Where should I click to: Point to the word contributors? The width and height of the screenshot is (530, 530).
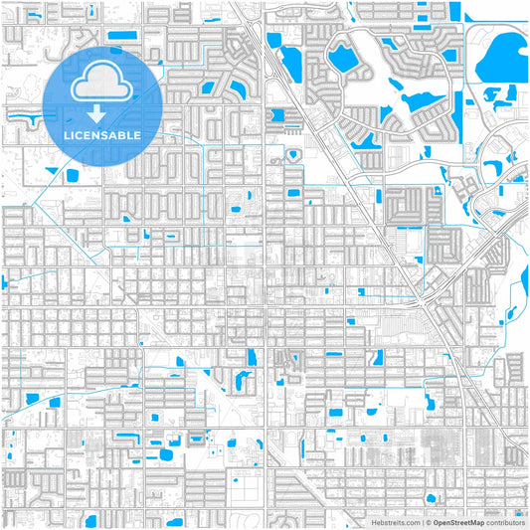[x=505, y=521]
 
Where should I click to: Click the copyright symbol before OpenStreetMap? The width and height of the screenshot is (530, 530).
[x=428, y=521]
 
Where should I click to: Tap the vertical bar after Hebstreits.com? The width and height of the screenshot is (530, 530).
[x=421, y=521]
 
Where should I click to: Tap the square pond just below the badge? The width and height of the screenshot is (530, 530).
[x=72, y=175]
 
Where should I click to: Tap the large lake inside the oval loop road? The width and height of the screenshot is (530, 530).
[x=344, y=59]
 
